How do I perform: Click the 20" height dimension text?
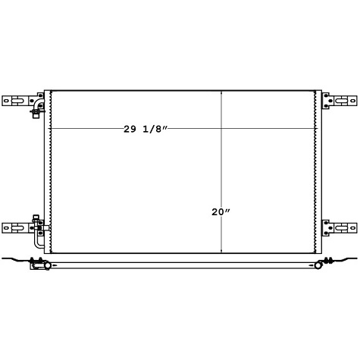click(x=221, y=213)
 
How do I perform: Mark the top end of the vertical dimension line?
click(x=221, y=91)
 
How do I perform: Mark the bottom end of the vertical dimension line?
click(x=221, y=252)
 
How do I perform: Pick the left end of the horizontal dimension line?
click(x=52, y=129)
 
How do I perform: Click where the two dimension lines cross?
click(x=221, y=129)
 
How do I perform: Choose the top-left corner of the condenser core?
click(x=52, y=91)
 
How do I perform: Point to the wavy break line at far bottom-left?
click(x=11, y=262)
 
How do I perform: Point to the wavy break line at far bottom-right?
click(x=349, y=262)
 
